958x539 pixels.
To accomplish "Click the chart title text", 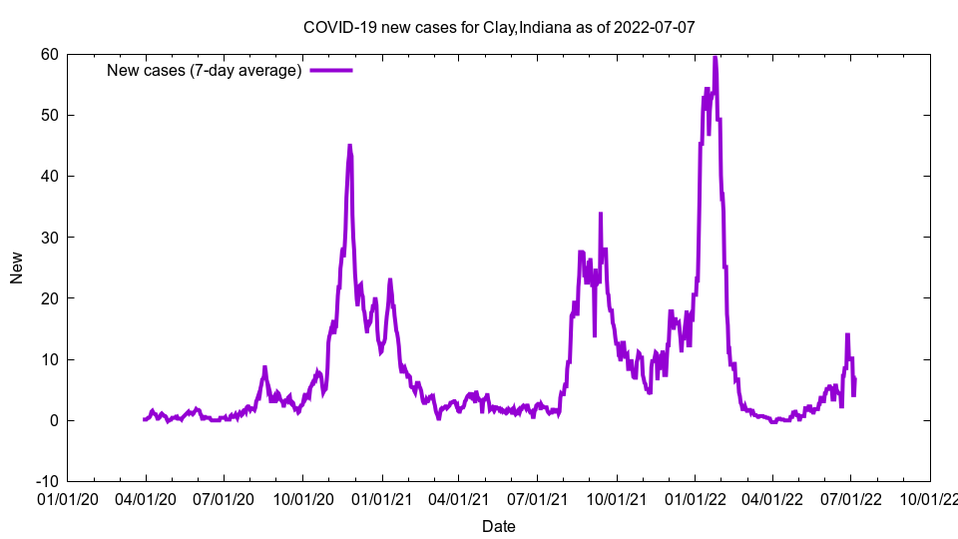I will click(499, 27).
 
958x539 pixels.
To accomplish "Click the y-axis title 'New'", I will click(17, 268).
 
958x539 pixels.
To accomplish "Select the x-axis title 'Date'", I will click(499, 526).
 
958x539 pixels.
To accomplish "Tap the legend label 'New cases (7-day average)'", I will click(205, 70).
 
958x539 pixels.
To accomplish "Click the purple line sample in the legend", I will click(331, 70).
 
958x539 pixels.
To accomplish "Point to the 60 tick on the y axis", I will click(49, 54).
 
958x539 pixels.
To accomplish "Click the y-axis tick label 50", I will click(49, 115).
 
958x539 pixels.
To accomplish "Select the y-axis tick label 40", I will click(49, 176).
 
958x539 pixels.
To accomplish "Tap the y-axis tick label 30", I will click(49, 238).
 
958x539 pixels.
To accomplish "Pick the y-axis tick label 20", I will click(49, 298).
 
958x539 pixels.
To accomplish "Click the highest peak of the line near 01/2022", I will click(715, 57).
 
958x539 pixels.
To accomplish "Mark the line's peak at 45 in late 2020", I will click(349, 146).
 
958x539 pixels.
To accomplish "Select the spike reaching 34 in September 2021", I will click(601, 214).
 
